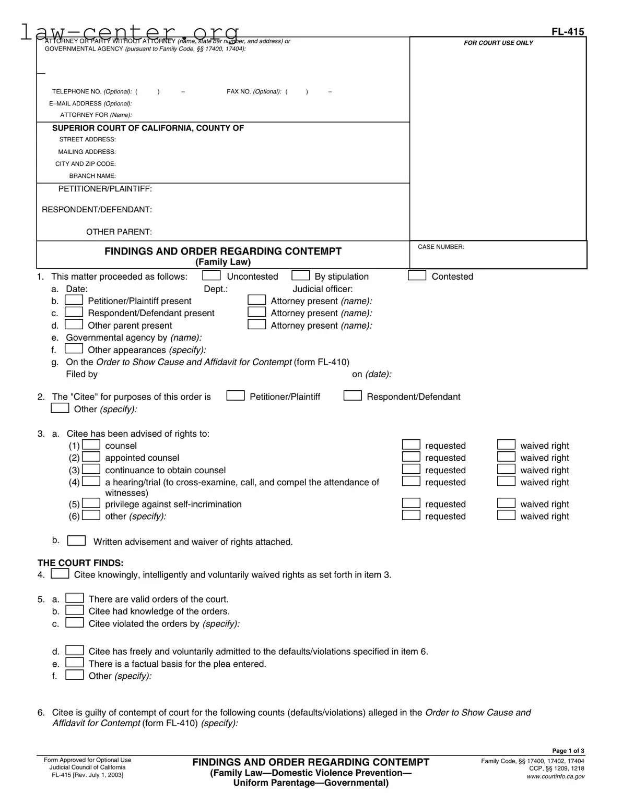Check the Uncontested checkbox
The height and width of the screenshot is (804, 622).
(211, 275)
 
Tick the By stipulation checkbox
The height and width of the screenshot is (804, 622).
(300, 275)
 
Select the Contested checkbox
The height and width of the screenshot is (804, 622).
(417, 275)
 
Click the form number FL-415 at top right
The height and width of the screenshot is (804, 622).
(568, 32)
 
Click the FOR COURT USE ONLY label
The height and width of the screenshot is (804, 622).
(498, 43)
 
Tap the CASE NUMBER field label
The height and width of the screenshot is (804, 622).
(441, 247)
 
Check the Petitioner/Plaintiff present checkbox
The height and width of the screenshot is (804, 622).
(74, 300)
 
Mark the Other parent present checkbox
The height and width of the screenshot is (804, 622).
(74, 325)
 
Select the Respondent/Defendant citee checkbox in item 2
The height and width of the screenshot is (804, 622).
(353, 396)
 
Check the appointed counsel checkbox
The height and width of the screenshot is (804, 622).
(91, 457)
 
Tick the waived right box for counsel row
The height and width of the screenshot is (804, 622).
(506, 445)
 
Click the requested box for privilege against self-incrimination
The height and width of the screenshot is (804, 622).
(411, 503)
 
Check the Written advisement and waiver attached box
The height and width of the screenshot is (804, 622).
(77, 541)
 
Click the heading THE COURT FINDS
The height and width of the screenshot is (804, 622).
(80, 563)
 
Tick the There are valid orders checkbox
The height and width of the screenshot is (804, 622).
(75, 598)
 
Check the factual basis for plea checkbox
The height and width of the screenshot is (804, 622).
(75, 663)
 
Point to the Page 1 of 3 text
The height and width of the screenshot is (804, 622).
(568, 751)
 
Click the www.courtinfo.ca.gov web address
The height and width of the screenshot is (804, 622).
(556, 776)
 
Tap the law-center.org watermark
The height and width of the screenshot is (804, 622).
(130, 32)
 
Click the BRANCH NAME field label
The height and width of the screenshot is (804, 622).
(92, 176)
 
